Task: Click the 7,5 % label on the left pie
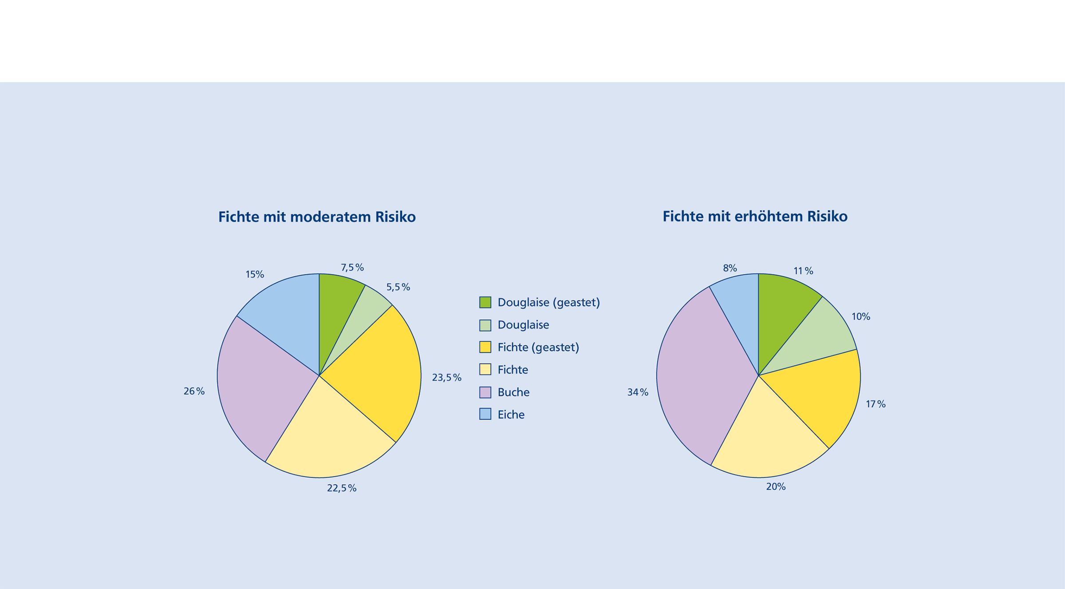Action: click(352, 268)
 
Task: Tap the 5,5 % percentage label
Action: click(398, 287)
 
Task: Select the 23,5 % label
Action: click(446, 378)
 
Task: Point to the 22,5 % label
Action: click(342, 488)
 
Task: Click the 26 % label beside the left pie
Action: click(194, 391)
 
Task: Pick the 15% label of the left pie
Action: click(255, 275)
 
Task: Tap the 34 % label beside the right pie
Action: click(638, 392)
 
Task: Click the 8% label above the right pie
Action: click(730, 268)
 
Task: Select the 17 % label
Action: click(876, 404)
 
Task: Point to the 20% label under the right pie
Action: click(776, 487)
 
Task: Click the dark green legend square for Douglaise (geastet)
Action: click(485, 303)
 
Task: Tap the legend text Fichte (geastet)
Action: click(538, 348)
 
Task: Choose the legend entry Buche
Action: click(513, 392)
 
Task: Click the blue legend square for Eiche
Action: click(485, 414)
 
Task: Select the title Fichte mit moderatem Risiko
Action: click(317, 217)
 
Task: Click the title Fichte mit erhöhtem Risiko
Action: click(755, 217)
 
